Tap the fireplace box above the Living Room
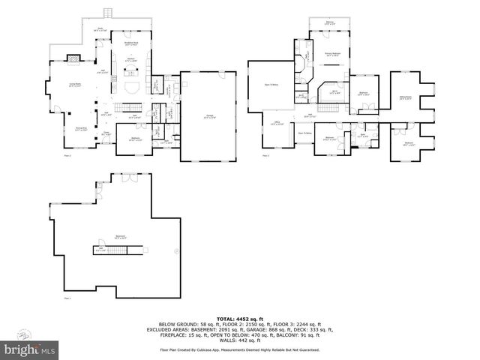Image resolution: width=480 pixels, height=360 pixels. click(x=73, y=57)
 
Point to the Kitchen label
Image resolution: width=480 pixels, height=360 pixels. click(x=130, y=60)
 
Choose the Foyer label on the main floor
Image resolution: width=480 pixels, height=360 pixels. click(x=106, y=136)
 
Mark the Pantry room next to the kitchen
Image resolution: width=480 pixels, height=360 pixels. click(x=156, y=83)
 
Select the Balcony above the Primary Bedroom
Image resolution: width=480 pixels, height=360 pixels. click(x=329, y=23)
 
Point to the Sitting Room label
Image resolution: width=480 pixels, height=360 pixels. click(x=406, y=98)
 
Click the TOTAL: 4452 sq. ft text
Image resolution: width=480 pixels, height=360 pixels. click(x=239, y=317)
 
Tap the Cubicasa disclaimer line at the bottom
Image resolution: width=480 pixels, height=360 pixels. click(x=239, y=349)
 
